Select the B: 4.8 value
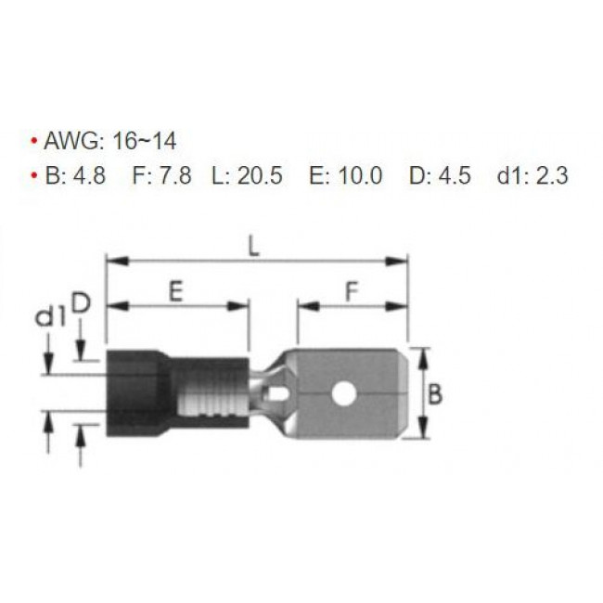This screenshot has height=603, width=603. [75, 175]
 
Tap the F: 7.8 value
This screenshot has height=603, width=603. [162, 175]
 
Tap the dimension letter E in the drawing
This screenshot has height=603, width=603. [174, 292]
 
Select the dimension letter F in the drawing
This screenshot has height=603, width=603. [352, 292]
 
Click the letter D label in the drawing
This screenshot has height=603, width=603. [82, 302]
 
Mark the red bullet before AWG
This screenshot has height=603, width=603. [33, 143]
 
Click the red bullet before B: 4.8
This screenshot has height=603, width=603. [33, 176]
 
